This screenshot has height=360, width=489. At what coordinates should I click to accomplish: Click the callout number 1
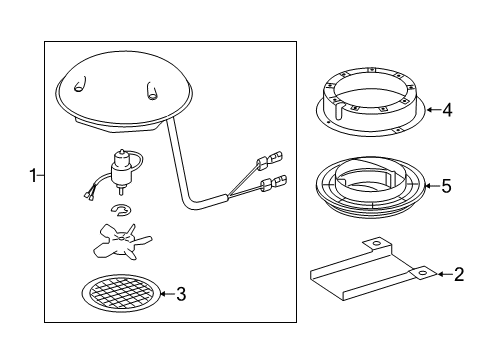[x=33, y=175]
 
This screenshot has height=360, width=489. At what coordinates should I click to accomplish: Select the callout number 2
[x=459, y=274]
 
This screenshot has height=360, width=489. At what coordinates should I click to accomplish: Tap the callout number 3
[x=181, y=294]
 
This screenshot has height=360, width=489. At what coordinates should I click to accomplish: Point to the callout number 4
[x=447, y=110]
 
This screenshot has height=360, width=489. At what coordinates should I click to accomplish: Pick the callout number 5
[x=447, y=186]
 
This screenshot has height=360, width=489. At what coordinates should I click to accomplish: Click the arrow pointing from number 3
[x=167, y=294]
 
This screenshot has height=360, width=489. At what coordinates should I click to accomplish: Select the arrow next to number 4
[x=433, y=109]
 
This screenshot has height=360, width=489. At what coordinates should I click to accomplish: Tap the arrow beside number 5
[x=433, y=186]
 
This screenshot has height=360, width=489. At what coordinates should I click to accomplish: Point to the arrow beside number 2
[x=444, y=274]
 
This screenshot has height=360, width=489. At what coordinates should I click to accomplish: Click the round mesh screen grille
[x=121, y=294]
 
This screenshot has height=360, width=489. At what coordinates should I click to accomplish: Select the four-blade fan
[x=122, y=242]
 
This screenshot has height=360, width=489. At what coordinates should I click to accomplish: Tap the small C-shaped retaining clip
[x=121, y=210]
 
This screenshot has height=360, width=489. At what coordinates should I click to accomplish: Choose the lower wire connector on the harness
[x=274, y=182]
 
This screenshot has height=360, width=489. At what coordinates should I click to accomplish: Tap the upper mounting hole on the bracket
[x=376, y=242]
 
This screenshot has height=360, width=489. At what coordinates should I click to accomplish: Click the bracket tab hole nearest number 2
[x=422, y=273]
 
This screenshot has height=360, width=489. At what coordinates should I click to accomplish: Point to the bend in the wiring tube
[x=187, y=204]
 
